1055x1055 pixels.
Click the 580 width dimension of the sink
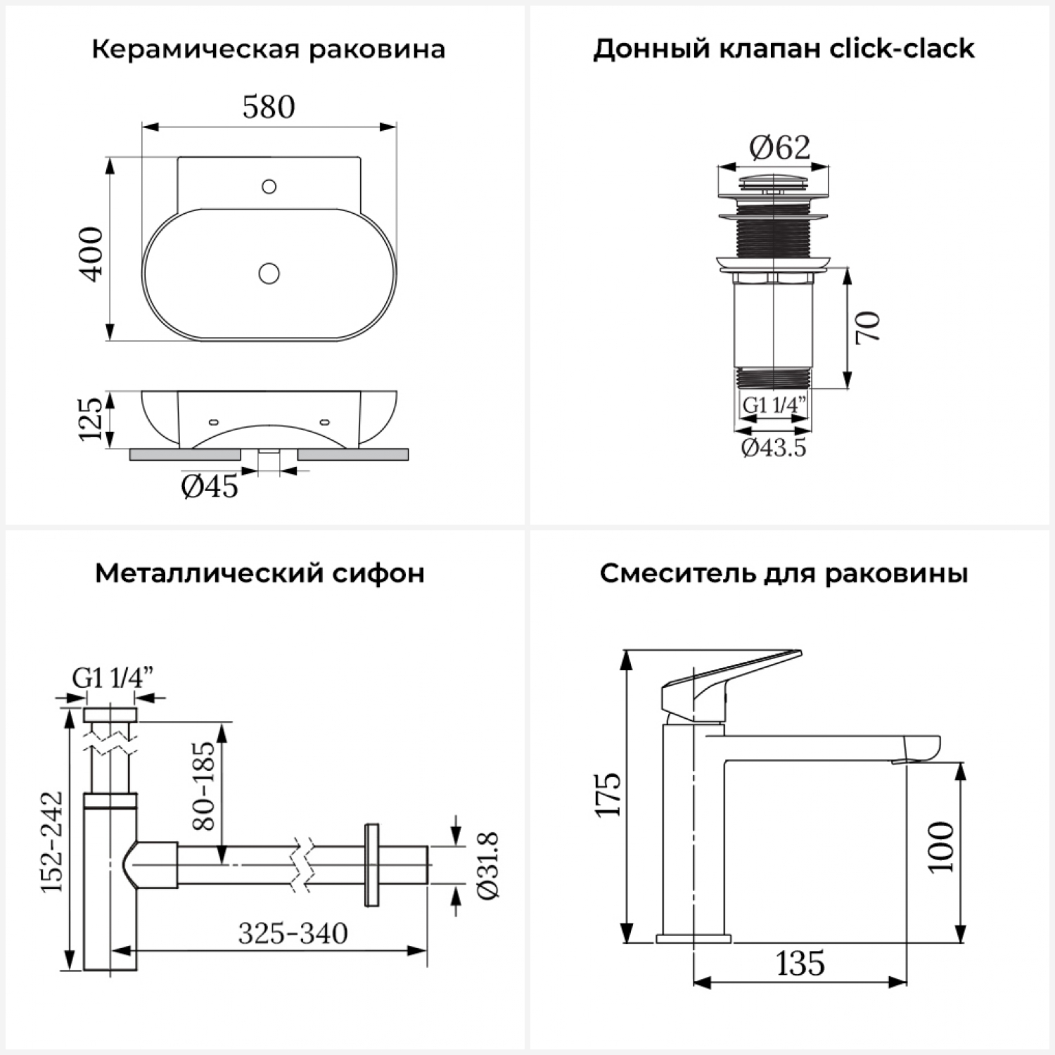pos(269,108)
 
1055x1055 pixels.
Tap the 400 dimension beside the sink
pos(92,255)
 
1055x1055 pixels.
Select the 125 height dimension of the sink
pos(91,419)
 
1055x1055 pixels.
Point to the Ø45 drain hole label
pos(210,486)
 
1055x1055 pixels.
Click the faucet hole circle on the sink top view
pos(269,186)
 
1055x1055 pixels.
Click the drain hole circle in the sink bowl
pos(269,273)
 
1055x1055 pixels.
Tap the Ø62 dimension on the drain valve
pos(779,148)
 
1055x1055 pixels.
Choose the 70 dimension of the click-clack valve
pos(869,327)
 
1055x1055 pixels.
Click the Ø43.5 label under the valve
pos(774,447)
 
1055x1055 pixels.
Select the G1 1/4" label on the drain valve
pos(774,405)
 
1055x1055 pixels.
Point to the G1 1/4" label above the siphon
pos(113,678)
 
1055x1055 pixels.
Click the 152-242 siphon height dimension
pos(52,842)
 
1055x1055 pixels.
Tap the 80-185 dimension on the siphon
pos(203,786)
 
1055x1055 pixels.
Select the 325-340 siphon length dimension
pos(293,933)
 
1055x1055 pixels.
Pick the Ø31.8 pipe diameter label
pos(488,865)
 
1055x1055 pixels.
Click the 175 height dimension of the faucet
pos(609,795)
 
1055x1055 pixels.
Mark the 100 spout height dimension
pos(941,848)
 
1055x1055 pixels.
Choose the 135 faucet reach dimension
pos(800,964)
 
